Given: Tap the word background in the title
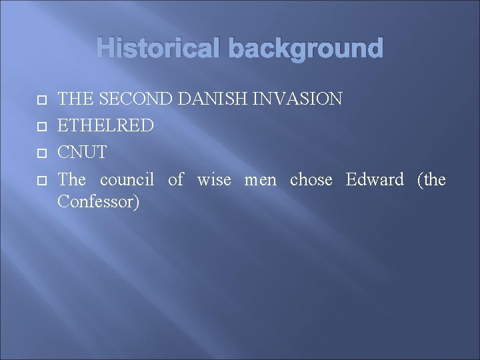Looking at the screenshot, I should [x=305, y=49].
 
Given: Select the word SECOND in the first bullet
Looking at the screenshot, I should [x=137, y=99].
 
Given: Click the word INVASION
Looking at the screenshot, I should [x=299, y=99].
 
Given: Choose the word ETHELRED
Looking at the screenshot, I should [x=106, y=125].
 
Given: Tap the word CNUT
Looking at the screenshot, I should [x=82, y=152].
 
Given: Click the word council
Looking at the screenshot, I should [x=127, y=179].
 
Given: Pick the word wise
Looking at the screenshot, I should [x=214, y=179].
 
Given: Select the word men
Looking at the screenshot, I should [x=260, y=179].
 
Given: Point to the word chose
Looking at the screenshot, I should [x=311, y=179].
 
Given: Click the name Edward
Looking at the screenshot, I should [x=375, y=179].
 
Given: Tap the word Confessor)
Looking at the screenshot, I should [x=99, y=201].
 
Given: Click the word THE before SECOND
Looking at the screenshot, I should [x=75, y=99].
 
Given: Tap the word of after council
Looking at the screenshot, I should [x=175, y=179].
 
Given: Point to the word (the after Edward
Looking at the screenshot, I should [x=431, y=179].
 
